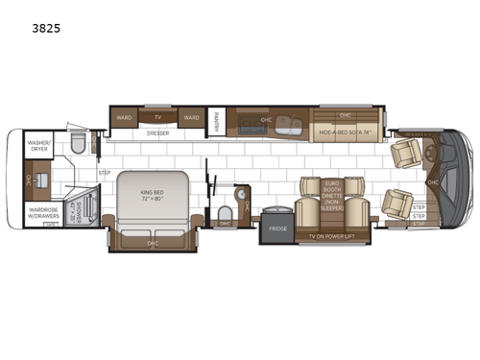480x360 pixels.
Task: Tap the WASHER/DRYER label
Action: tap(39, 144)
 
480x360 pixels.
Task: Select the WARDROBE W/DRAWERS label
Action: tap(39, 210)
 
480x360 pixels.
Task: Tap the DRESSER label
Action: tap(158, 133)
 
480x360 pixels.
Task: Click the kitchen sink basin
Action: tap(257, 123)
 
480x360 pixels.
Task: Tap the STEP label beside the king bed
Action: tap(105, 173)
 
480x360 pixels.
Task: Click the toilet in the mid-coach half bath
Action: tap(224, 211)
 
